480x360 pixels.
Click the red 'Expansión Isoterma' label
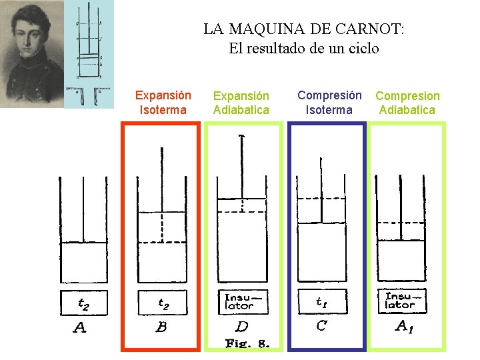(x=163, y=103)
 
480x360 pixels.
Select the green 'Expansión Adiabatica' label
(x=241, y=103)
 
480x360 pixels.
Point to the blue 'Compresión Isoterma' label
(x=329, y=103)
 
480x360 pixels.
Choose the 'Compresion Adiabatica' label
(x=407, y=103)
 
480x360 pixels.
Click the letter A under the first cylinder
(x=79, y=327)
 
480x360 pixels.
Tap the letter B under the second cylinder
(x=161, y=327)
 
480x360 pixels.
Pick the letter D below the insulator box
(x=242, y=327)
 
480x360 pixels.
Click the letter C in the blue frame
(x=321, y=326)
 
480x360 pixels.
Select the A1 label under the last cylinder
(x=405, y=326)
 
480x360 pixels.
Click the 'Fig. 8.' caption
(x=247, y=344)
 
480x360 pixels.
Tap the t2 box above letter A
(x=83, y=303)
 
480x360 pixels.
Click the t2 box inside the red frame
(x=163, y=303)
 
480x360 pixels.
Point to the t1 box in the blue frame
(x=322, y=302)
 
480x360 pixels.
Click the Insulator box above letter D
(x=243, y=301)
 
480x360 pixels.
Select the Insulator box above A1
(x=401, y=301)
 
